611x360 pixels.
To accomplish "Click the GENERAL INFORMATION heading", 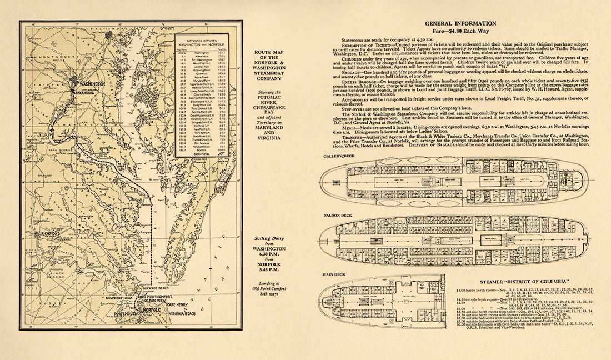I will click(460, 23).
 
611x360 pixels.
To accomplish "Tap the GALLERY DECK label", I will click(339, 157).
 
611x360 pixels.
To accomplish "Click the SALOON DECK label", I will click(338, 214).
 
